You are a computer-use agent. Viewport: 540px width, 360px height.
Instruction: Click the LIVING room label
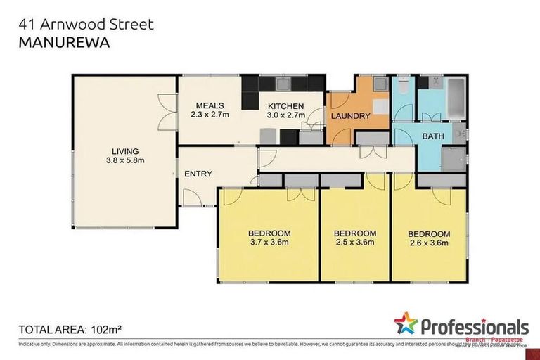click(124, 150)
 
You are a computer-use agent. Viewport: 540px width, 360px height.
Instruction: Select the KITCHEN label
click(285, 105)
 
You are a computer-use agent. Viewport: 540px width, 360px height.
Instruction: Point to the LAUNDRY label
click(350, 116)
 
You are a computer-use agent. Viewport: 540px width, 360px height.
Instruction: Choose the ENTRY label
click(198, 174)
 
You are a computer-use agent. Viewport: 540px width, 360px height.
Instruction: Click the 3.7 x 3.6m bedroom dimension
click(269, 244)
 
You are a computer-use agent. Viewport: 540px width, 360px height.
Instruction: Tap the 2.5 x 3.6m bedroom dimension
click(354, 244)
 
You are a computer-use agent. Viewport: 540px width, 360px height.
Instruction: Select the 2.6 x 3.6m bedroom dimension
click(429, 244)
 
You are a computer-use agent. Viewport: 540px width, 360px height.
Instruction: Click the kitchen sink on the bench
click(283, 84)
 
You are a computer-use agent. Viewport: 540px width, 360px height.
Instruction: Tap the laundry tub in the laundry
click(380, 85)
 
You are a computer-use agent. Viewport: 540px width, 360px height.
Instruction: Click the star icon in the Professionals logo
click(406, 323)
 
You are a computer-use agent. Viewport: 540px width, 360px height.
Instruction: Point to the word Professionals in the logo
click(475, 326)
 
